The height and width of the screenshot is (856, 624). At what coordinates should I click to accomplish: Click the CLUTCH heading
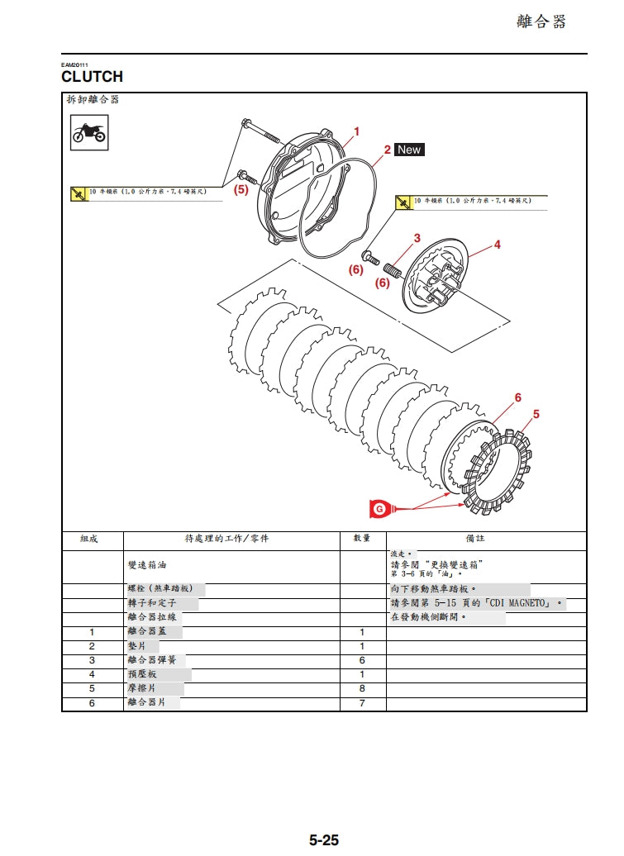coord(92,77)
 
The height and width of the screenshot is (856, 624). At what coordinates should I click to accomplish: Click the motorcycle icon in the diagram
coord(88,133)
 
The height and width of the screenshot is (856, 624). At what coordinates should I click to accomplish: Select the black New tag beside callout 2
coord(408,150)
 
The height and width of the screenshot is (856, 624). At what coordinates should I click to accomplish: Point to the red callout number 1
coord(356,131)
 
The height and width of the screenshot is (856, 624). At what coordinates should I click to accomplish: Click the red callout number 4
coord(497,245)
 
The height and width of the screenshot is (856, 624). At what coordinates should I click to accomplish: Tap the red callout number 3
coord(417,238)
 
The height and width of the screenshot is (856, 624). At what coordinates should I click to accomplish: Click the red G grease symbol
coord(379,509)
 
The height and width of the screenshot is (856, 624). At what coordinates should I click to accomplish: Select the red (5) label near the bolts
coord(241,189)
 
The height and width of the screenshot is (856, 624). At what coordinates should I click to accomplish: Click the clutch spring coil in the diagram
coord(392,269)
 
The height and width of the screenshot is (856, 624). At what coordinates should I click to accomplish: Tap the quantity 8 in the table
coord(362,688)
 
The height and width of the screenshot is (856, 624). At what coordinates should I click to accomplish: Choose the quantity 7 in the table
coord(362,703)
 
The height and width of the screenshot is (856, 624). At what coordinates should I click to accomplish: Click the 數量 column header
coord(362,539)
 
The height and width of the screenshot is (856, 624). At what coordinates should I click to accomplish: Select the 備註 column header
coord(476,539)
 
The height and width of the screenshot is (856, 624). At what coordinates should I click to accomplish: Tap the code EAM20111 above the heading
coord(74,64)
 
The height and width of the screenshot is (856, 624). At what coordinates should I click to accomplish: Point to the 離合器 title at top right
coord(541,22)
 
